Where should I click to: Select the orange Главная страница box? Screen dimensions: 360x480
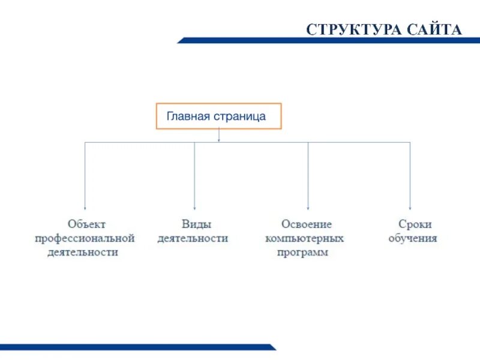219,116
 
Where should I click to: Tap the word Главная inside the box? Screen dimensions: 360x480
188,116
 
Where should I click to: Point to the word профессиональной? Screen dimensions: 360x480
85,238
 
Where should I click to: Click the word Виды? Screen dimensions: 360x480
194,224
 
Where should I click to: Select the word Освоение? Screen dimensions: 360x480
305,224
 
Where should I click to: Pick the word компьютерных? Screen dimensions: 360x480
305,238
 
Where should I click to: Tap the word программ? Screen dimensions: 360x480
303,253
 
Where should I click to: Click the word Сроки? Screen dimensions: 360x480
415,224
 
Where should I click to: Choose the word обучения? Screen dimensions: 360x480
413,238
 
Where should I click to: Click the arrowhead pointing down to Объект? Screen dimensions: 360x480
85,206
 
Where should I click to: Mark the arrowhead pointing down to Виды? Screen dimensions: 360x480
194,206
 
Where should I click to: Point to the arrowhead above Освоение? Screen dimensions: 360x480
308,206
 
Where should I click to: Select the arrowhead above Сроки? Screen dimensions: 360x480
410,206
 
